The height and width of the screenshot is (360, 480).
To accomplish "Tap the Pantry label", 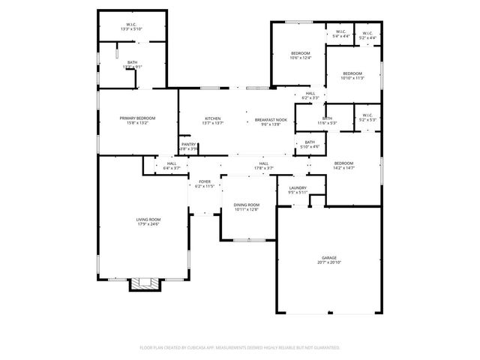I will coord(188,145).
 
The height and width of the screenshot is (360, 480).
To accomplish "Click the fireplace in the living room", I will coord(145,284).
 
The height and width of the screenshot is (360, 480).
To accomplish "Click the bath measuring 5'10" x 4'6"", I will coord(310,144).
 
